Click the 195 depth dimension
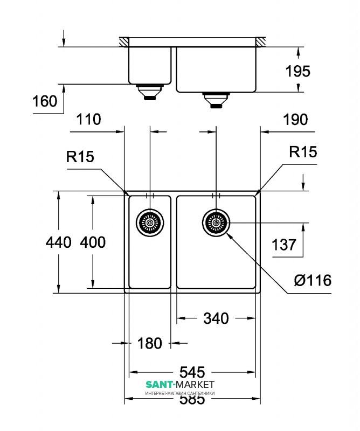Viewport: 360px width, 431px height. click(297, 71)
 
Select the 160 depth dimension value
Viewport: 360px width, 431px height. click(45, 101)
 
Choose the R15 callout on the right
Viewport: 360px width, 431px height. click(303, 152)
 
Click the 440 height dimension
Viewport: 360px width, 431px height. click(59, 242)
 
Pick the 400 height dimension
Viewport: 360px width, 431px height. click(93, 242)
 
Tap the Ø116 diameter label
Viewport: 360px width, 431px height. click(313, 280)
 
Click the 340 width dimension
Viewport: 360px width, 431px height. click(216, 318)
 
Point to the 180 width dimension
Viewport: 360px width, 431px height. click(150, 343)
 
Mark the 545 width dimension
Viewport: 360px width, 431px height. click(192, 372)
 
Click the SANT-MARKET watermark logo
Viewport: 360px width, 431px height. click(180, 385)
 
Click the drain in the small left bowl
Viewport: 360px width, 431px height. click(149, 221)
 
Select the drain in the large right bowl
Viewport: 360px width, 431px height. click(216, 221)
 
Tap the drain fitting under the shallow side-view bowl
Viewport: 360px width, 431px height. click(149, 92)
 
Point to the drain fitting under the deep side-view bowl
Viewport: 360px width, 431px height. click(216, 99)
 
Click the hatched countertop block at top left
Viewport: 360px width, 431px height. click(124, 42)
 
